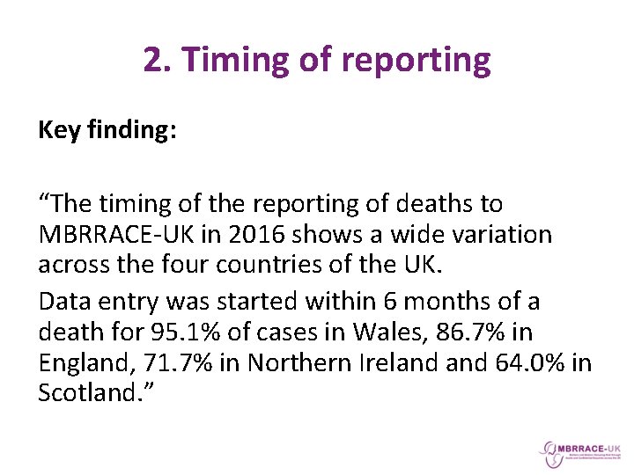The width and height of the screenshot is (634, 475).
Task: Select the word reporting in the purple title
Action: pyautogui.click(x=416, y=60)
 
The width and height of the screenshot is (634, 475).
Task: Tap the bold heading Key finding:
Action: pyautogui.click(x=107, y=131)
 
